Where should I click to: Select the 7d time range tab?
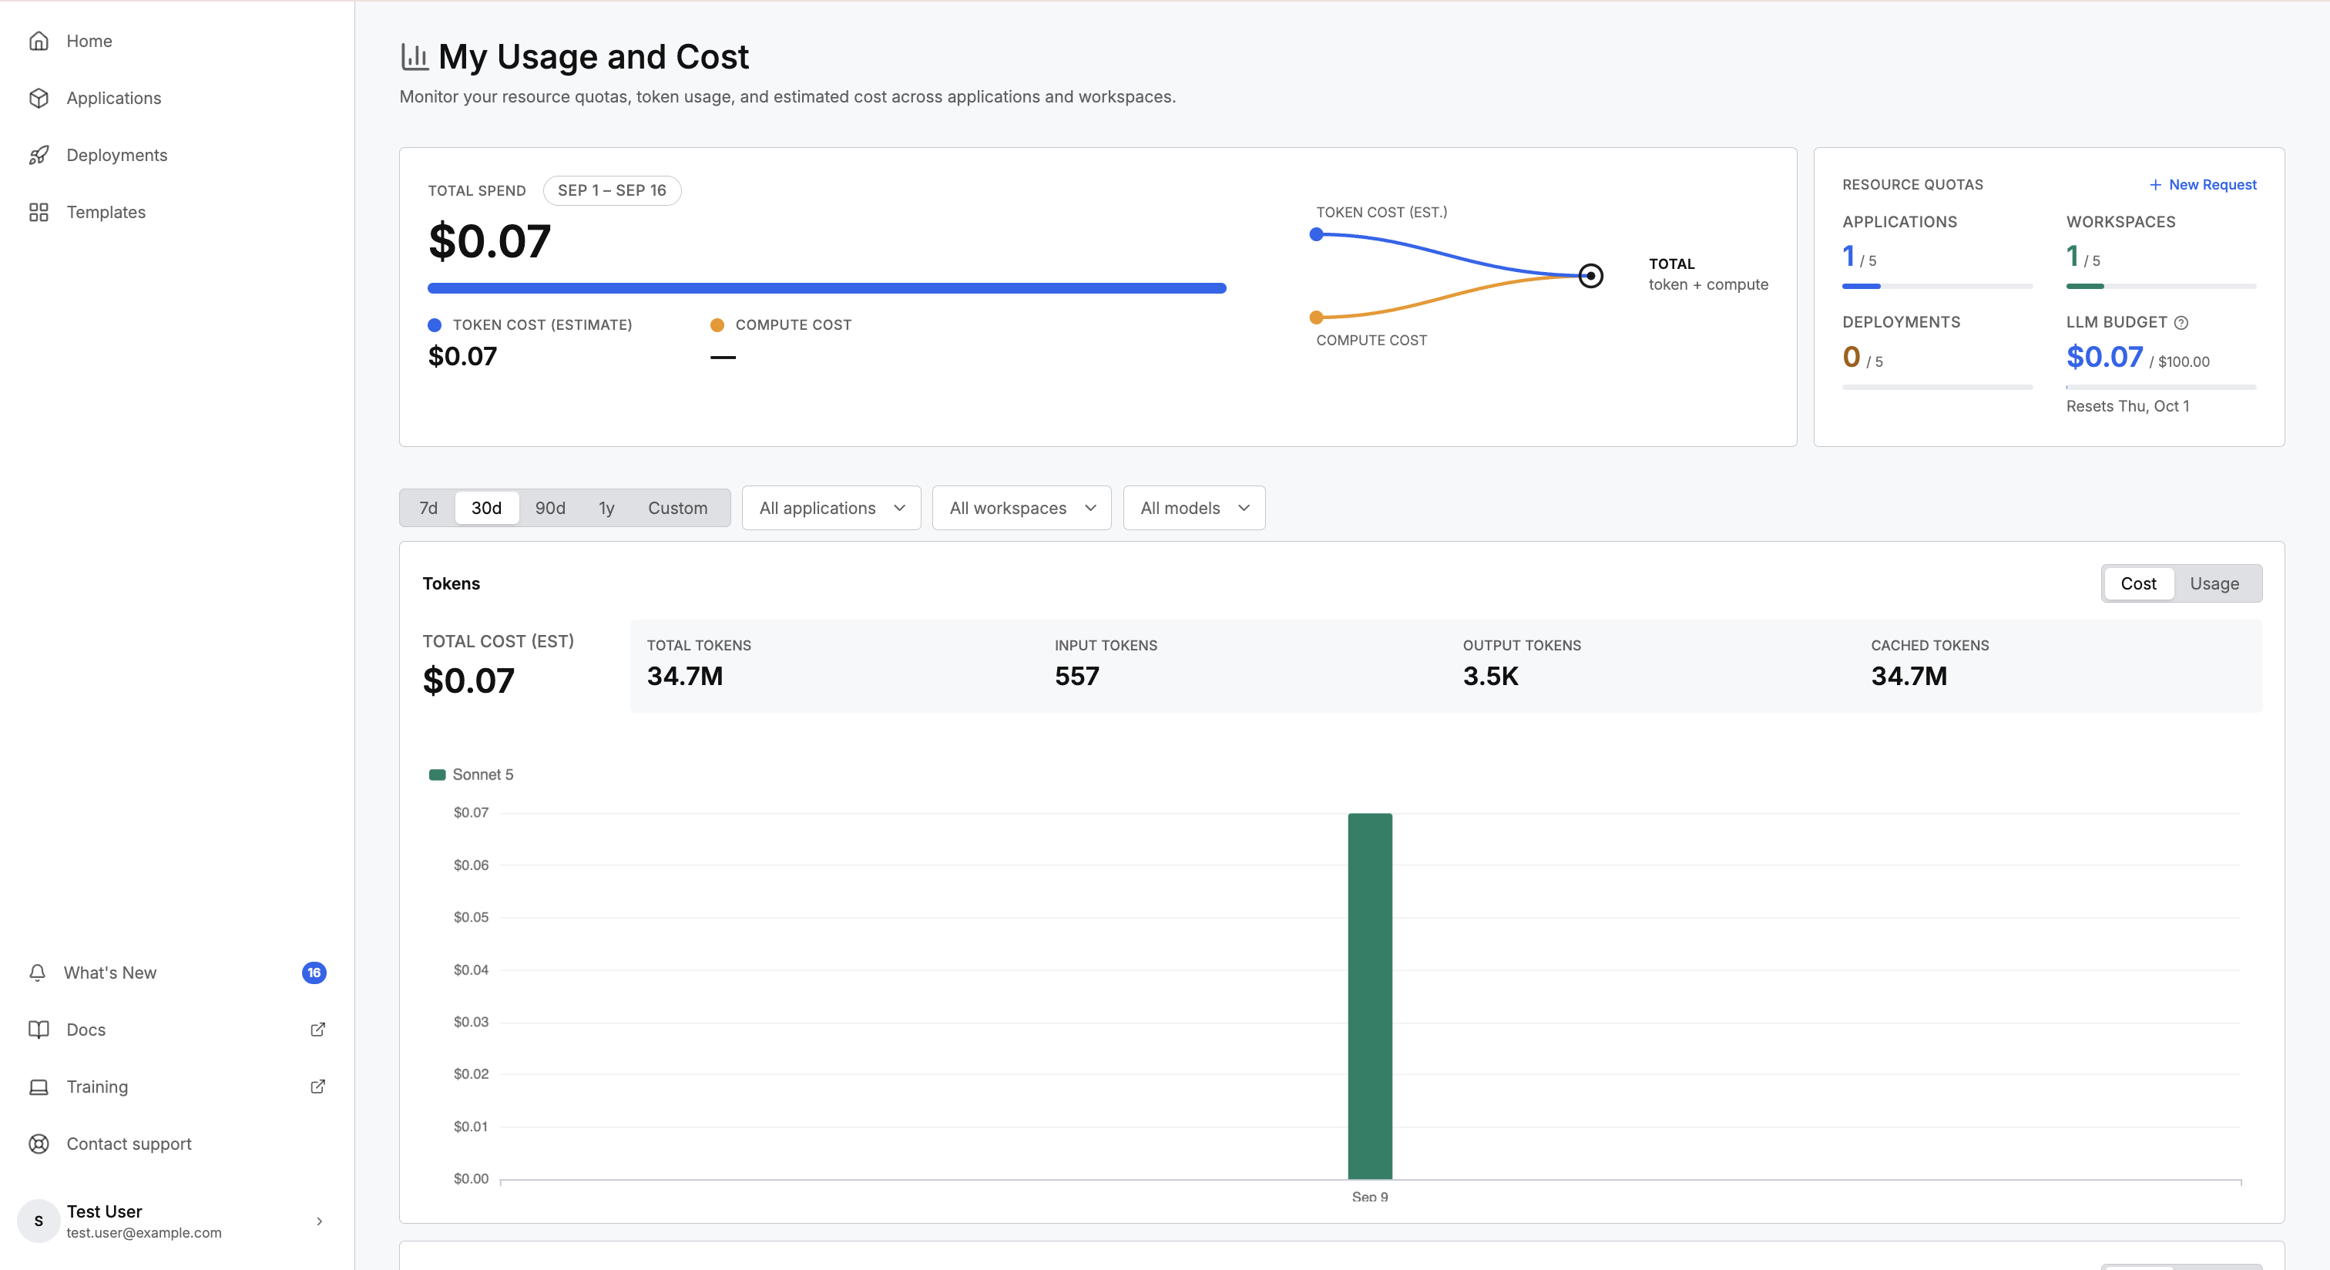pos(428,507)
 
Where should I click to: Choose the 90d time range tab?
pos(550,507)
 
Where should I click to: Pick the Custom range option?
pos(677,507)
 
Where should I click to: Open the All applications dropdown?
pos(831,507)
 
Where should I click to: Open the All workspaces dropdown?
pos(1021,507)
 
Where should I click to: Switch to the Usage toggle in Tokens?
pos(2214,583)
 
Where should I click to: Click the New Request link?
pos(2204,184)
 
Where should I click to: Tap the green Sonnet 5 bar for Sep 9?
pos(1369,995)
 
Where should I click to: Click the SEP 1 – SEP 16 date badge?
pos(612,190)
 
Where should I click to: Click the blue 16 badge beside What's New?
pos(314,973)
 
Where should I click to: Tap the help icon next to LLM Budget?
pos(2181,322)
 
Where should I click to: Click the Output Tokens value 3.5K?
pos(1491,676)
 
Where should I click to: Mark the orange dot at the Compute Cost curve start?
pos(1316,317)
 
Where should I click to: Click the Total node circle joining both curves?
pos(1591,275)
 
